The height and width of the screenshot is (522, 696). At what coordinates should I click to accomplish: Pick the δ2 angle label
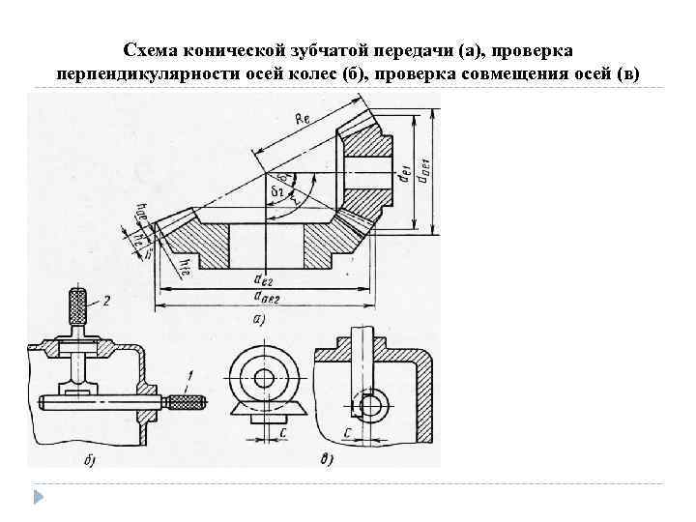tap(276, 193)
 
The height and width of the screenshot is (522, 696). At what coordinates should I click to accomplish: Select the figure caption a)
tap(258, 319)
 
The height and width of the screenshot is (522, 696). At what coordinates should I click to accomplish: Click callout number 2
tap(106, 301)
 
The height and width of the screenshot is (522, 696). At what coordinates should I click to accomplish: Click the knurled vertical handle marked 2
tap(78, 307)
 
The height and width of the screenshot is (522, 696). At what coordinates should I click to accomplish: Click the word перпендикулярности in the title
tap(134, 74)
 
